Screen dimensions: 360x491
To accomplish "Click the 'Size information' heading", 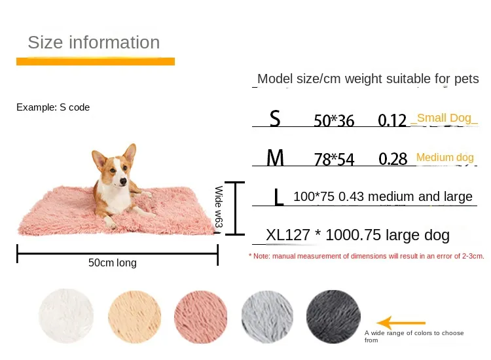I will (94, 43).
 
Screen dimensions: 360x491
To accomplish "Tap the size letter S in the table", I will (275, 118).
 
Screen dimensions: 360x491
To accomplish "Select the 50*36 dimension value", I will (333, 120).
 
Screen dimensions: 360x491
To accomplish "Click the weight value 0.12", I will (393, 120).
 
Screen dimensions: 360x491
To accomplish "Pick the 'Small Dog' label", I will (444, 118).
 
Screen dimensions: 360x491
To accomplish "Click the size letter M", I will (276, 158).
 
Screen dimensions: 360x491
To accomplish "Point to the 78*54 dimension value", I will (333, 159).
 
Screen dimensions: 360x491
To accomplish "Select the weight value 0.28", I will (393, 158).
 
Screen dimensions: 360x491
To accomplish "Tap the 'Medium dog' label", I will (445, 158).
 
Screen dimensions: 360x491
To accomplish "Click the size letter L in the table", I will (279, 197).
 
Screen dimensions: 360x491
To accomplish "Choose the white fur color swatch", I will (66, 317).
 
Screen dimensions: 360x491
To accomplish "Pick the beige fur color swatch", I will (134, 317).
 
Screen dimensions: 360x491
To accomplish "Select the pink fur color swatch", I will (201, 317).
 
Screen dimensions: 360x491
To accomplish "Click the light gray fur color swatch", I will (267, 317).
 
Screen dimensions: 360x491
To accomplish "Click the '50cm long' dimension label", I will (113, 263).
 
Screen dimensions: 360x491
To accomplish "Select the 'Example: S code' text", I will (53, 107).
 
